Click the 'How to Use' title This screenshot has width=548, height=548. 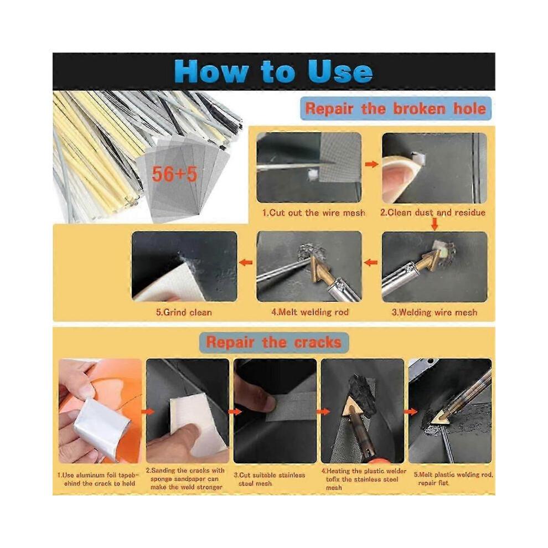273,71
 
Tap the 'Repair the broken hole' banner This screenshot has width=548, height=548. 396,108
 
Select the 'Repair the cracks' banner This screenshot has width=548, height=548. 273,342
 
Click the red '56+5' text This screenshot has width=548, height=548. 174,174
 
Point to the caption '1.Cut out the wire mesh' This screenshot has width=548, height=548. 313,213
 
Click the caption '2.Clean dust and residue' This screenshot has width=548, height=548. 433,213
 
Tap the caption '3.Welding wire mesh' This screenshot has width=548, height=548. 434,312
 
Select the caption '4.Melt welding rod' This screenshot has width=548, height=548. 310,312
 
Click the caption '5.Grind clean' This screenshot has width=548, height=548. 184,312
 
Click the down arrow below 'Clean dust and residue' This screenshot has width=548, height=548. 435,224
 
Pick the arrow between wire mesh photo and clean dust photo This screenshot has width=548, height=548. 371,164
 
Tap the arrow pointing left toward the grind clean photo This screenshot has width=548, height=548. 246,262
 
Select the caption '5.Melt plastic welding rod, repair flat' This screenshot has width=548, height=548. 453,479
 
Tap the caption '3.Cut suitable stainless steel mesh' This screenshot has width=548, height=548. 270,479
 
